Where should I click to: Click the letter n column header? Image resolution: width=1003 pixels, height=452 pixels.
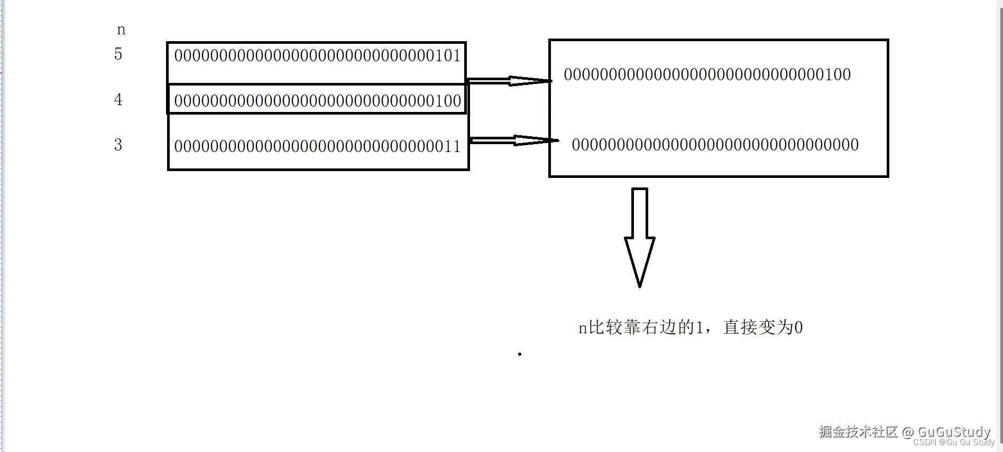121,30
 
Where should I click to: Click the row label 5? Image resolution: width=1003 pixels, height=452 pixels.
118,54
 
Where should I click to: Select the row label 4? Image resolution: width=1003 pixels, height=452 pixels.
118,99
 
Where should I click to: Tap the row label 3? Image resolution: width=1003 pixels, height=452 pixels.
118,145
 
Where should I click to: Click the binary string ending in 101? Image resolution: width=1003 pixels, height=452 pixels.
317,55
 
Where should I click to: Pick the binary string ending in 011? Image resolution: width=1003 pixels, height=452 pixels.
317,146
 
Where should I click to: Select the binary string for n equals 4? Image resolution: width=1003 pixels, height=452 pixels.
317,101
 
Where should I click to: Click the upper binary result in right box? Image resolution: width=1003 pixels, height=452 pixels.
707,74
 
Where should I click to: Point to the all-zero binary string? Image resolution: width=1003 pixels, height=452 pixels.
715,145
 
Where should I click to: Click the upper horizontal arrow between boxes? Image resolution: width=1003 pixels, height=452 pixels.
509,81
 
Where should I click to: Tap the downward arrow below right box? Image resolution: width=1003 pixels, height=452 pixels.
640,238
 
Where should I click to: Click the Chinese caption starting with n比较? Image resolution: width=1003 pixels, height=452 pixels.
690,327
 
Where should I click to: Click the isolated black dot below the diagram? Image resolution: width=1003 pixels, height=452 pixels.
520,354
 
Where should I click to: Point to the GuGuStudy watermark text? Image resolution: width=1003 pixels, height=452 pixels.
953,431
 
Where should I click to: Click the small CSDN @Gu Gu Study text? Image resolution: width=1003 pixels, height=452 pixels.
953,442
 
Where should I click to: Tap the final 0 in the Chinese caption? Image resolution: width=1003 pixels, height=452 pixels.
798,328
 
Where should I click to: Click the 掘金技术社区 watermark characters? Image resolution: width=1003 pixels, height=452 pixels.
858,431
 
